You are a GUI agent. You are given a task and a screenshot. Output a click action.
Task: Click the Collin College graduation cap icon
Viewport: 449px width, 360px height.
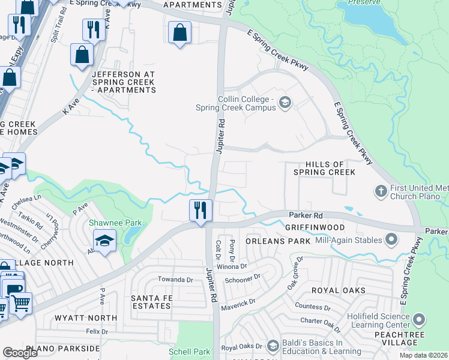pyautogui.click(x=285, y=103)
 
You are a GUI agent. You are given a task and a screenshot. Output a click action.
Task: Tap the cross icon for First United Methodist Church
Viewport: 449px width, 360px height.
pyautogui.click(x=381, y=191)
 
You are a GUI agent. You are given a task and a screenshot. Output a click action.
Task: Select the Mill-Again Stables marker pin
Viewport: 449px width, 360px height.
pyautogui.click(x=391, y=240)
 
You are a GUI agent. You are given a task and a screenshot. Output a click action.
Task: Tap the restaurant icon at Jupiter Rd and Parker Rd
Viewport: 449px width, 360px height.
pyautogui.click(x=200, y=211)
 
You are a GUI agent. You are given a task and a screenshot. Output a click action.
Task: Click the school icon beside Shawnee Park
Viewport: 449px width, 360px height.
pyautogui.click(x=104, y=242)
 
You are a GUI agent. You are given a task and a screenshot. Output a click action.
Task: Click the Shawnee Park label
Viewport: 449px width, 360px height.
pyautogui.click(x=116, y=223)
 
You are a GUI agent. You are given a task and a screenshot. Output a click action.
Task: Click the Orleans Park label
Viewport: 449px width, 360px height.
pyautogui.click(x=278, y=241)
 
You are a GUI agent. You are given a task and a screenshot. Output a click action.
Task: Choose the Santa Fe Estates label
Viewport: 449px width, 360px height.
pyautogui.click(x=151, y=302)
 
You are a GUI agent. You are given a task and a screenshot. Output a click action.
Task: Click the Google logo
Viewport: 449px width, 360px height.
pyautogui.click(x=21, y=352)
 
